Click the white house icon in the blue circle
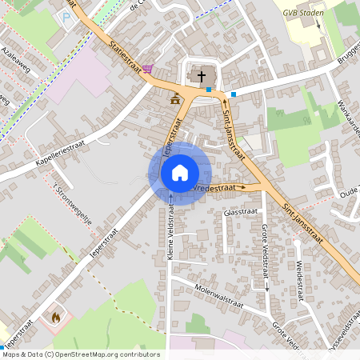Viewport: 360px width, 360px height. (x=180, y=172)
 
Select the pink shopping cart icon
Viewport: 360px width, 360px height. (x=148, y=70)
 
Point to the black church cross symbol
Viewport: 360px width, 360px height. (x=201, y=77)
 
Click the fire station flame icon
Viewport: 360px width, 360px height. (x=55, y=317)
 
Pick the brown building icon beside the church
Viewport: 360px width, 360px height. (x=175, y=98)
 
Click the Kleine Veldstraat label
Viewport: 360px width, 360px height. (x=170, y=236)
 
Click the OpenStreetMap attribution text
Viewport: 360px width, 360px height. (x=80, y=354)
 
